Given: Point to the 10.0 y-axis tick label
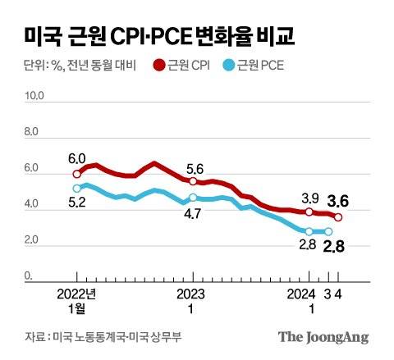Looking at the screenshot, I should tap(34, 96).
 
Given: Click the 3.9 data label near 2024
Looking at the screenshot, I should tap(309, 198).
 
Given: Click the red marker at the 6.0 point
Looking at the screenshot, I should tap(77, 174).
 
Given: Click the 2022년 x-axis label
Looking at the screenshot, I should tap(77, 293).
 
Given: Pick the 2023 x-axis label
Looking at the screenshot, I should tap(192, 293).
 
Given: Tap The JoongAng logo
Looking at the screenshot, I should tap(323, 337).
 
